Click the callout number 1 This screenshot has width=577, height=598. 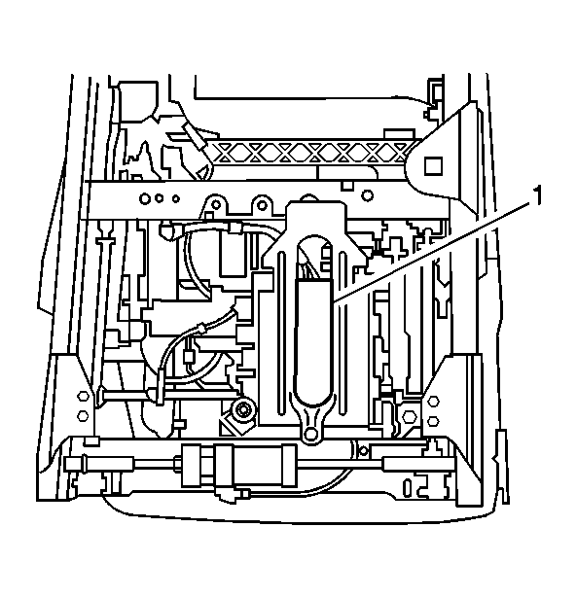(x=536, y=195)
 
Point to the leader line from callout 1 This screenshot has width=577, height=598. (x=432, y=253)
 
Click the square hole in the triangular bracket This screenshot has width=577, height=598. (x=434, y=165)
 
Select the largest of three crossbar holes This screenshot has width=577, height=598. (x=145, y=198)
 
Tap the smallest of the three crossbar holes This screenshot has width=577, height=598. (x=175, y=198)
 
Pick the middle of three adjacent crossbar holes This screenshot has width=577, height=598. (x=160, y=198)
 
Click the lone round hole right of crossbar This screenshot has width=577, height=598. (x=367, y=195)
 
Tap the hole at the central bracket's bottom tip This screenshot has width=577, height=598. (x=311, y=433)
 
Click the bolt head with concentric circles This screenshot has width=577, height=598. (x=242, y=410)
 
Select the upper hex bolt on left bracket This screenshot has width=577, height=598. (x=83, y=396)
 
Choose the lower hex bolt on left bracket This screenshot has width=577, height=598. (x=83, y=416)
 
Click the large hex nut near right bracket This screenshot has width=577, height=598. (x=409, y=416)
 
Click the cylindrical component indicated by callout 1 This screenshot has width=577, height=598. (x=315, y=341)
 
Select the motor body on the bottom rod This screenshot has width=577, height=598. (x=239, y=466)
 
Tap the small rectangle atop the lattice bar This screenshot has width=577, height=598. (x=399, y=134)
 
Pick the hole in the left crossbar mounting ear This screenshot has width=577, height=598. (x=216, y=205)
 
